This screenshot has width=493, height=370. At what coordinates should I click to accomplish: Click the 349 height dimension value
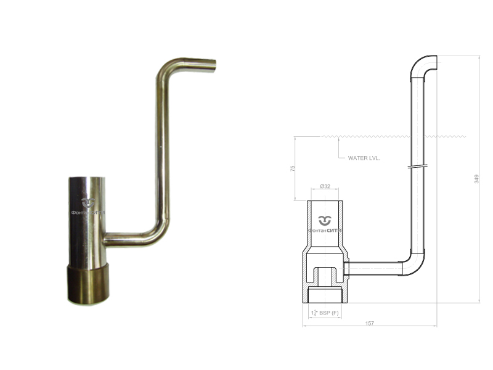pyautogui.click(x=476, y=179)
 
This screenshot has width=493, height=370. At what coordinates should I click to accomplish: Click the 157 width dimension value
pyautogui.click(x=369, y=323)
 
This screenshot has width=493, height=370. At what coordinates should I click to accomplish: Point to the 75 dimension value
pyautogui.click(x=293, y=168)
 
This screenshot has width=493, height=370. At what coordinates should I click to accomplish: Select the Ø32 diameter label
pyautogui.click(x=325, y=186)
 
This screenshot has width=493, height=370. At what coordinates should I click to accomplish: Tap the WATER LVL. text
pyautogui.click(x=364, y=158)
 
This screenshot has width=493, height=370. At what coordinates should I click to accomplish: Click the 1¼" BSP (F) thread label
pyautogui.click(x=325, y=313)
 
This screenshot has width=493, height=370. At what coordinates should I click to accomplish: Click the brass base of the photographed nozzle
pyautogui.click(x=88, y=284)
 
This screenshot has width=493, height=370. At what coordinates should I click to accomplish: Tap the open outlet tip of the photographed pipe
pyautogui.click(x=213, y=67)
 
